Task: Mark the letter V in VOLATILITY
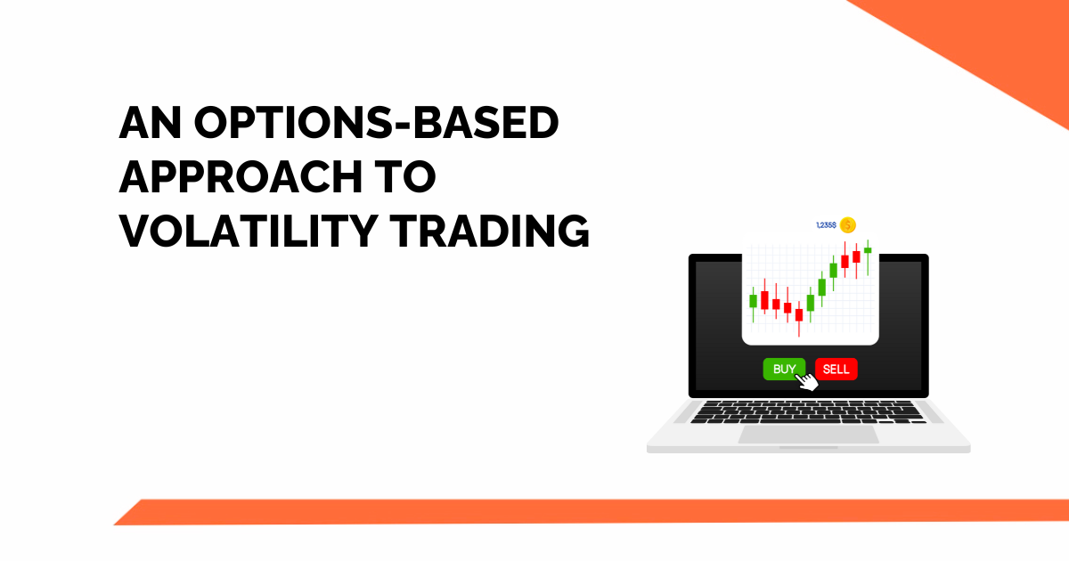pyautogui.click(x=135, y=231)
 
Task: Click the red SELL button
pyautogui.click(x=836, y=369)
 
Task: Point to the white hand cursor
pyautogui.click(x=806, y=382)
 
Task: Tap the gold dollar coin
pyautogui.click(x=847, y=225)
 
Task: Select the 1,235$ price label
pyautogui.click(x=825, y=225)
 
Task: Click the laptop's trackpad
pyautogui.click(x=809, y=435)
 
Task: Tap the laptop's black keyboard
pyautogui.click(x=808, y=412)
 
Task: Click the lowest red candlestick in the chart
pyautogui.click(x=799, y=314)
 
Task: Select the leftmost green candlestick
pyautogui.click(x=753, y=301)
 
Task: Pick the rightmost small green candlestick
pyautogui.click(x=868, y=250)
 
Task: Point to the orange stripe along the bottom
pyautogui.click(x=588, y=511)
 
